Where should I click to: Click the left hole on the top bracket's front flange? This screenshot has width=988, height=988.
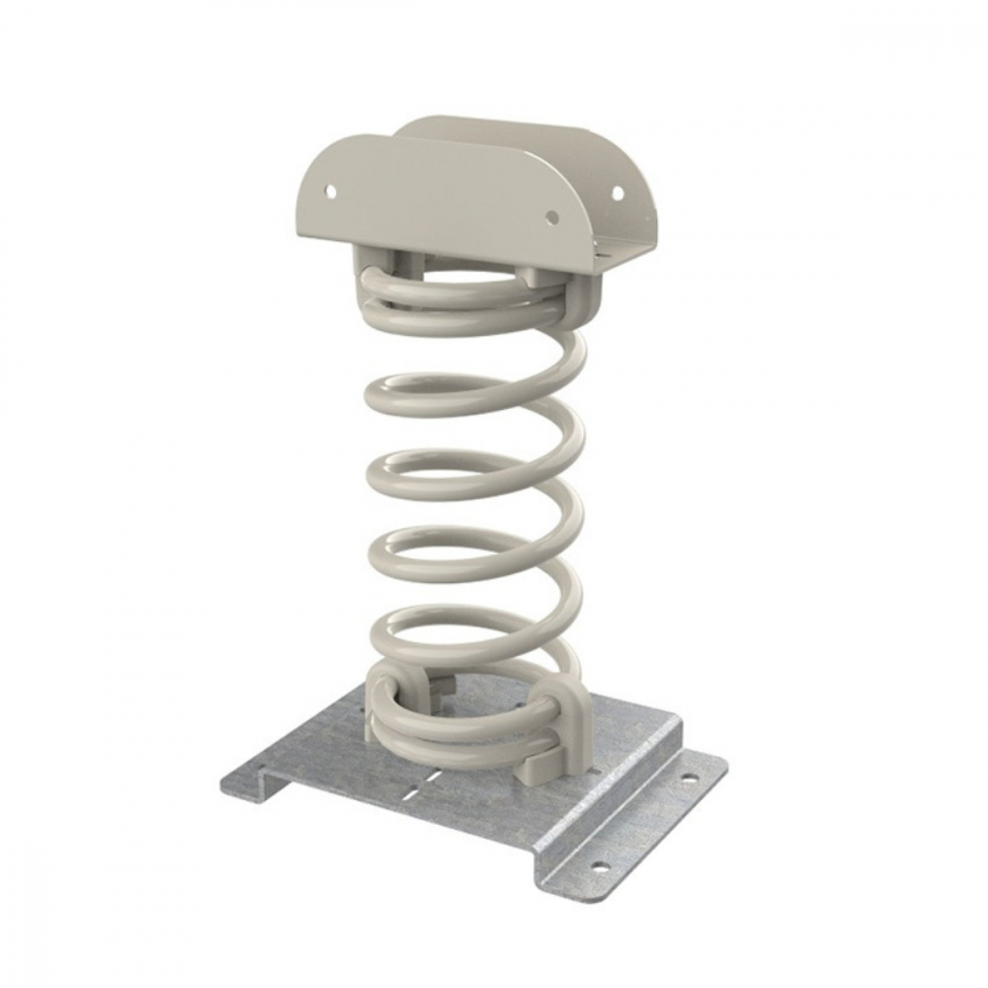[331, 186]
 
